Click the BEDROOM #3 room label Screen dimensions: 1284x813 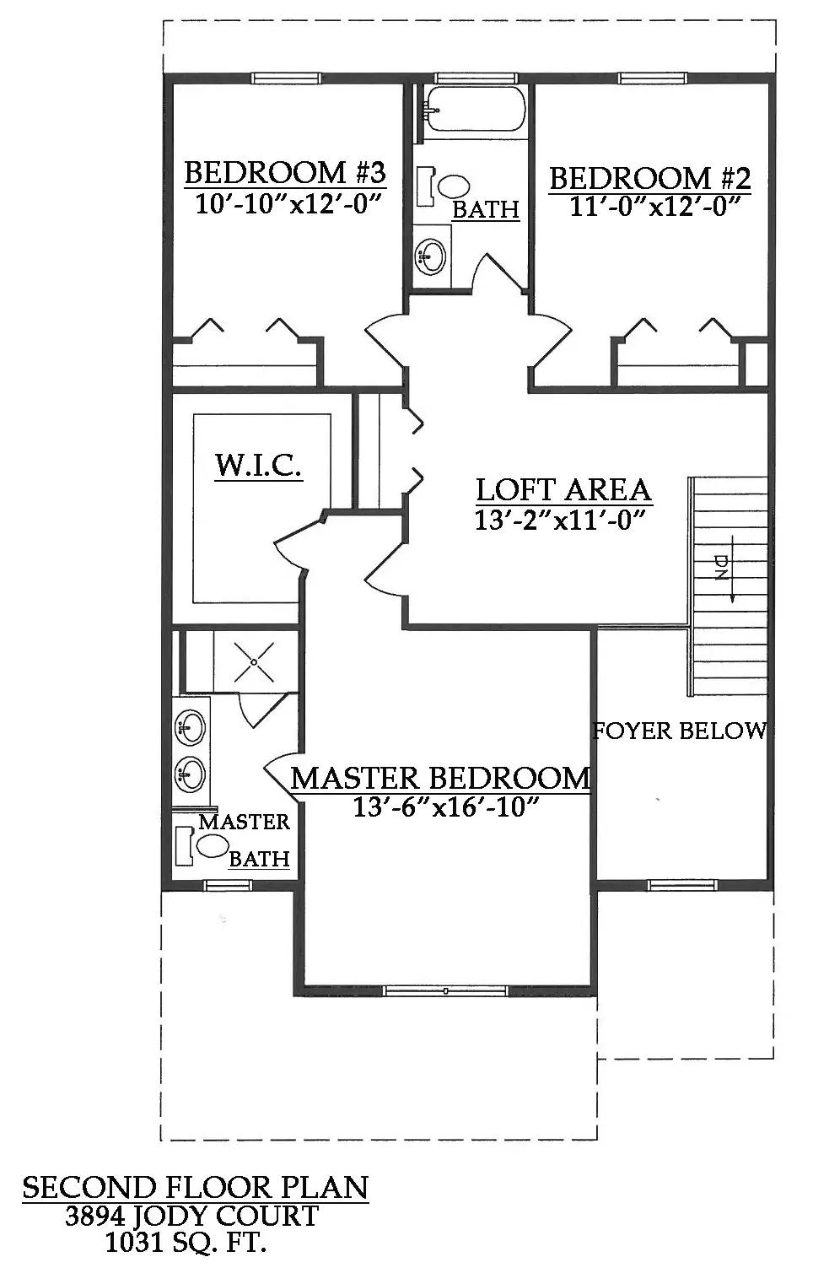click(284, 173)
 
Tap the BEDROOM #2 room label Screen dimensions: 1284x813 click(649, 178)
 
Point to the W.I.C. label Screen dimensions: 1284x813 click(258, 465)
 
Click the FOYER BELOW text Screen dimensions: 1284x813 click(680, 731)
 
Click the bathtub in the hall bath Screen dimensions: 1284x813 click(474, 109)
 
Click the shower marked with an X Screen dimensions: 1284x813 click(254, 661)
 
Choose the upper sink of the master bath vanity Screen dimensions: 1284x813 click(190, 726)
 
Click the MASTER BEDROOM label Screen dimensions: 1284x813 click(440, 778)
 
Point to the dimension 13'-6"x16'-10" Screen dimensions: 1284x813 click(445, 808)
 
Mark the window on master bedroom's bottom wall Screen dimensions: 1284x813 click(445, 990)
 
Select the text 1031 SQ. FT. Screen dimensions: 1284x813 click(186, 1242)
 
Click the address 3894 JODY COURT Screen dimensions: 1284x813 click(192, 1216)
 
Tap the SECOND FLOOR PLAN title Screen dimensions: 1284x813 click(195, 1187)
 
